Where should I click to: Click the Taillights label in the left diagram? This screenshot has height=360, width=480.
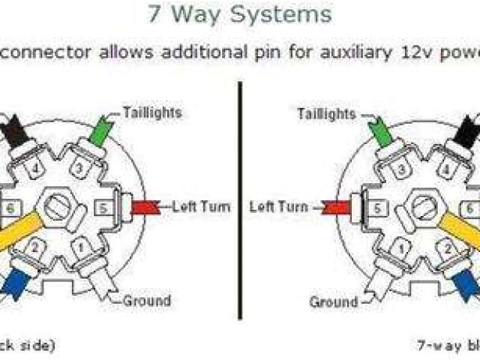151,113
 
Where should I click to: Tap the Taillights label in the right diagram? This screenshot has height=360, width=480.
327,113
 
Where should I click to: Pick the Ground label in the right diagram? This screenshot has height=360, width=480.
334,301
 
